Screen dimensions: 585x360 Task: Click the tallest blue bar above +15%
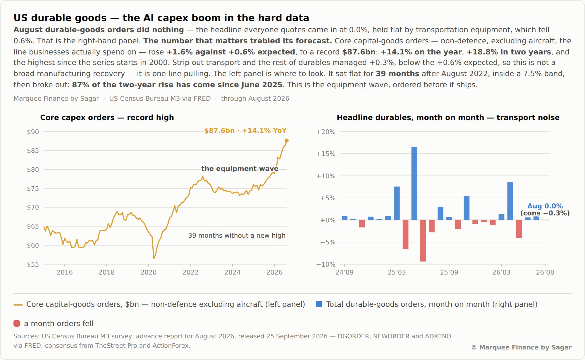(x=414, y=183)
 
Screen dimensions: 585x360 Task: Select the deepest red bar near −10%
(x=423, y=241)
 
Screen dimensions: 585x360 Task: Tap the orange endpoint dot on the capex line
(x=287, y=140)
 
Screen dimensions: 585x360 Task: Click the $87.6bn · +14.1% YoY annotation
(x=245, y=131)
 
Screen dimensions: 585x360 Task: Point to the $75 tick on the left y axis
(x=33, y=188)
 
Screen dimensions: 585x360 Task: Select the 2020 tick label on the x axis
(x=149, y=272)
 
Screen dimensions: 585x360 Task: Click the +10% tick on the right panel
(x=326, y=176)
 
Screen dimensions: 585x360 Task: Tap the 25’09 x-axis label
(x=449, y=272)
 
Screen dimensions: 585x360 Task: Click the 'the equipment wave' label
(x=240, y=169)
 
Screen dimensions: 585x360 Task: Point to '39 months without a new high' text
(x=237, y=235)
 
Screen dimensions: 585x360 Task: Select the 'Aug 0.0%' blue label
(x=545, y=206)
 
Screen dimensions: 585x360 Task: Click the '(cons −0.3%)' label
(x=545, y=213)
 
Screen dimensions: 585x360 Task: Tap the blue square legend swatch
(x=319, y=304)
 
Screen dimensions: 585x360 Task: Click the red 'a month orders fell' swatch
(x=17, y=323)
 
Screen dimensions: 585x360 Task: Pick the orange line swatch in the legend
(x=18, y=305)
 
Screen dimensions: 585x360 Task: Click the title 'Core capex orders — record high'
(x=107, y=117)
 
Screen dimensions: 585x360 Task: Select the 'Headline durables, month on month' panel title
(x=410, y=117)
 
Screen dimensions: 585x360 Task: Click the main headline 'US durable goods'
(x=60, y=18)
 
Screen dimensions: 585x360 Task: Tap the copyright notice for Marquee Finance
(x=522, y=347)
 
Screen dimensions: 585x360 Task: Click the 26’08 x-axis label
(x=545, y=272)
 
